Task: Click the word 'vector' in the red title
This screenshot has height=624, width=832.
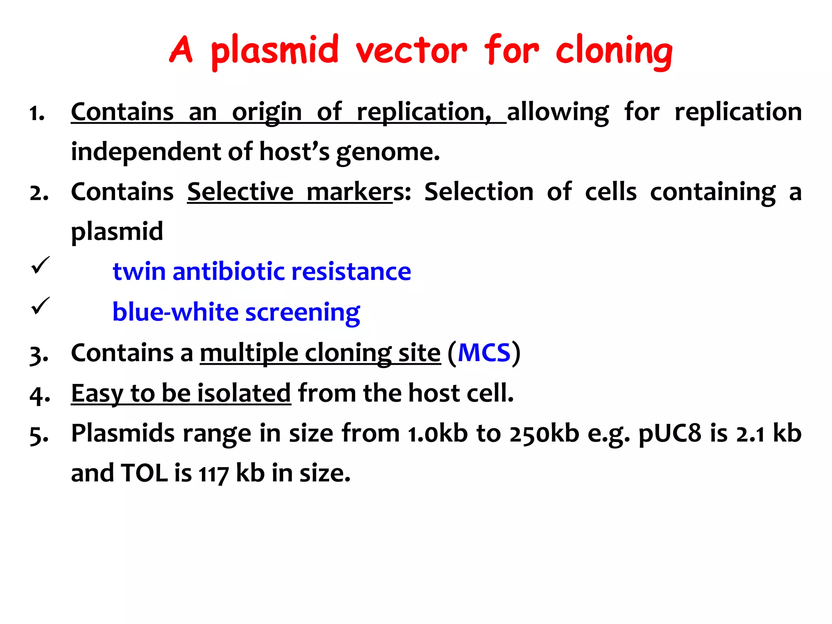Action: click(411, 51)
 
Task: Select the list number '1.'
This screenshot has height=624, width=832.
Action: click(37, 113)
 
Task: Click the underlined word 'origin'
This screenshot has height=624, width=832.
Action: click(267, 113)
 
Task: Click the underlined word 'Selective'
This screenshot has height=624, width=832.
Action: click(240, 192)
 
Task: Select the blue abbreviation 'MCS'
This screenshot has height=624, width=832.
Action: click(484, 353)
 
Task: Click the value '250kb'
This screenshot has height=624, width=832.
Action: click(544, 433)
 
